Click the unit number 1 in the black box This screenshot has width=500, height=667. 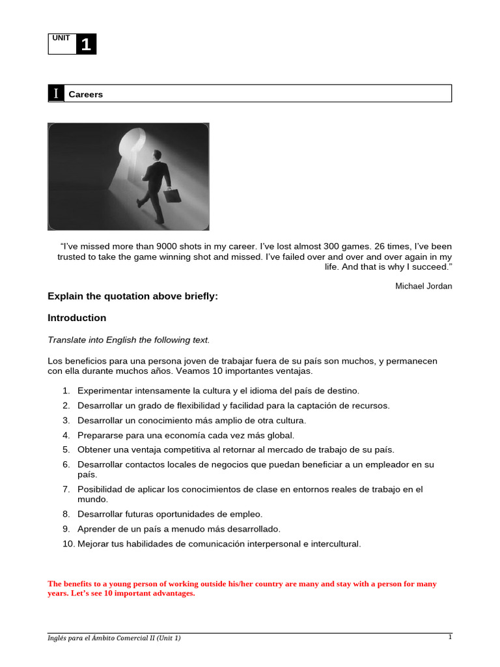pos(86,45)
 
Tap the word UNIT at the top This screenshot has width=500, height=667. pos(61,38)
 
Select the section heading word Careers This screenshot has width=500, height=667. pos(86,94)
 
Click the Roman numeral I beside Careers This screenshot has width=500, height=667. pos(57,94)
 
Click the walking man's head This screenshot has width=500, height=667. pos(157,154)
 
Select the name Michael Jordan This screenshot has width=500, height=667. pos(423,286)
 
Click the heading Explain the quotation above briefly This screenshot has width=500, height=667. pos(133,296)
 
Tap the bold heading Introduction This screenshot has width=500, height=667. pos(77,318)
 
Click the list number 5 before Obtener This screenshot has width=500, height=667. pos(66,449)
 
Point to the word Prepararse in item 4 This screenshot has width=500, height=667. pos(100,435)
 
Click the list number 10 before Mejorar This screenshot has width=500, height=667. pos(68,543)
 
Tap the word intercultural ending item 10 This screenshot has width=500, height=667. pos(335,543)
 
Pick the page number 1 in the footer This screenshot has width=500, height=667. pos(449,637)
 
